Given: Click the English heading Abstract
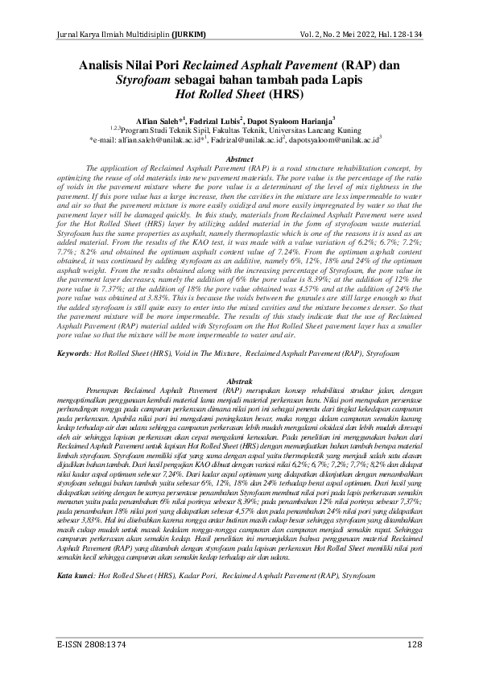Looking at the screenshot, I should coord(239,161).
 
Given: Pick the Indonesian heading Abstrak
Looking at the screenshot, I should coord(239,378).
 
